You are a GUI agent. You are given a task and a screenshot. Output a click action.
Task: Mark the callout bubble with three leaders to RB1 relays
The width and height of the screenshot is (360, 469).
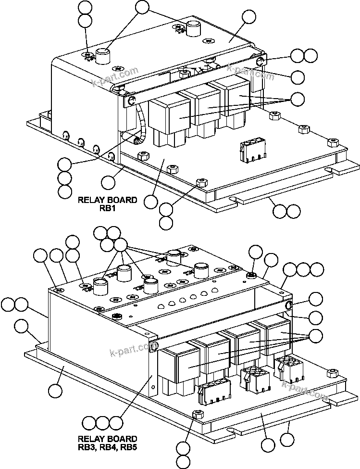click(x=298, y=99)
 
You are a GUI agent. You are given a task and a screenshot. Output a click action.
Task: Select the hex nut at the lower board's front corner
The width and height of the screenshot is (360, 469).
click(x=196, y=415)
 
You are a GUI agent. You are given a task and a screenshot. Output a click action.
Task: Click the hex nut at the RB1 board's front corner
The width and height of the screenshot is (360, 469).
click(x=202, y=183)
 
